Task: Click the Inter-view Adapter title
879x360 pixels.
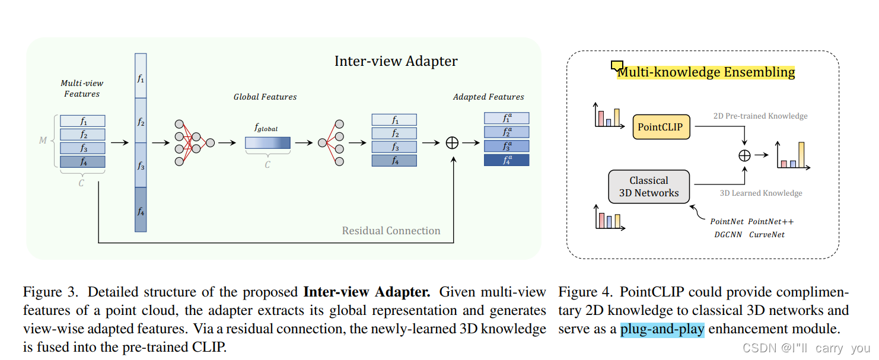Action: click(x=396, y=61)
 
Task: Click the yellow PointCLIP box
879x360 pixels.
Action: click(x=660, y=127)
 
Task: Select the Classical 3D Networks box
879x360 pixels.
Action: click(x=648, y=187)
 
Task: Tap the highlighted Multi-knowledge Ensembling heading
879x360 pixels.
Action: click(x=705, y=72)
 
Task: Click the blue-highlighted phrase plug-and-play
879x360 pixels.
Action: click(x=662, y=329)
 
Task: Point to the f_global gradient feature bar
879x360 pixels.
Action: click(x=267, y=143)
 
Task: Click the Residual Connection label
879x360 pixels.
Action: click(x=391, y=231)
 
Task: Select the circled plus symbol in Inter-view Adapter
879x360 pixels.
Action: click(x=452, y=142)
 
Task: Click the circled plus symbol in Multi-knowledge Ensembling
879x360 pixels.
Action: click(x=744, y=155)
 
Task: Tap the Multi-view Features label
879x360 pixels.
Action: click(x=82, y=89)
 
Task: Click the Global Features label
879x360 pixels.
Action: click(x=265, y=97)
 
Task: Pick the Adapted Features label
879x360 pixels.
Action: click(x=488, y=97)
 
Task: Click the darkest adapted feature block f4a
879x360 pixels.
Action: click(x=507, y=160)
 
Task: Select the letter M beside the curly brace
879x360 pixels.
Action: click(x=43, y=141)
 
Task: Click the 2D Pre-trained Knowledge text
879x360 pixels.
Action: click(x=760, y=116)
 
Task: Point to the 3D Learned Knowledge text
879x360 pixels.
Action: click(x=760, y=193)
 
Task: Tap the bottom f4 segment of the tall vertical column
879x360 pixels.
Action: click(x=141, y=209)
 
